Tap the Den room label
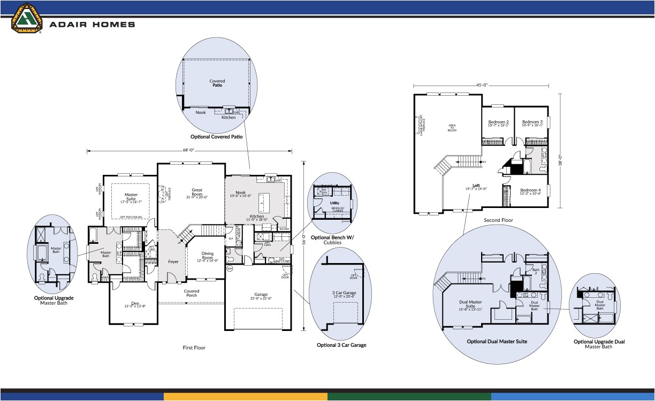131,304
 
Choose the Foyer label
173,261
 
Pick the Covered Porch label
192,294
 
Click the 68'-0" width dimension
189,150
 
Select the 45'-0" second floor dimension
481,85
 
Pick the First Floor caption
194,348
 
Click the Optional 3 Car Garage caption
341,345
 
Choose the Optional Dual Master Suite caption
497,341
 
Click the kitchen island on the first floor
262,203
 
